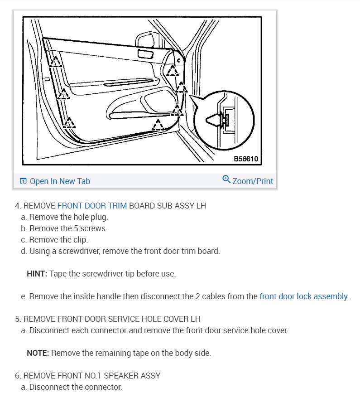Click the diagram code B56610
coord(246,159)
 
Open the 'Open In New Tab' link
coord(60,181)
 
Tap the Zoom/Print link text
coord(253,181)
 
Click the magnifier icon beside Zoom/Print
coord(227,180)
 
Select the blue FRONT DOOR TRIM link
coord(92,206)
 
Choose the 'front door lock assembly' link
coord(303,296)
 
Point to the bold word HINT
coord(37,274)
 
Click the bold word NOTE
coord(38,353)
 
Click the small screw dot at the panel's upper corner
coord(178,60)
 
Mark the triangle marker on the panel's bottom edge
coord(158,125)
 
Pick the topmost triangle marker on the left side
coord(56,61)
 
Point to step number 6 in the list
coord(17,376)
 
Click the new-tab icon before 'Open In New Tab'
coord(23,181)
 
